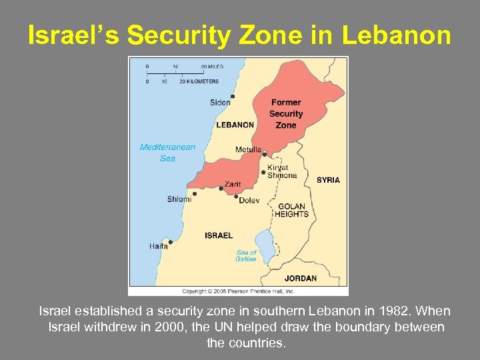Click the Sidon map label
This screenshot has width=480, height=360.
tap(220, 102)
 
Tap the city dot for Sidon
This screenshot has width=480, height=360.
tap(233, 96)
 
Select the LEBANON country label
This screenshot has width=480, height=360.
tap(235, 125)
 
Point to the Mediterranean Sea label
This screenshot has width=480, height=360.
tap(167, 153)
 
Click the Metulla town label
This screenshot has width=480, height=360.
tap(248, 149)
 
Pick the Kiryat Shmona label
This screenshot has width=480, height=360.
tap(282, 171)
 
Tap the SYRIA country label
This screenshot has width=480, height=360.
tap(328, 180)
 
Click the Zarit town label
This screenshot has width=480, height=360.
tap(233, 184)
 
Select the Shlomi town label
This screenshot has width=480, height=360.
tap(179, 199)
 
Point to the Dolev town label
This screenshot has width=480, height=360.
tap(249, 200)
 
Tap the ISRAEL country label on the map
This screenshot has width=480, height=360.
tap(219, 235)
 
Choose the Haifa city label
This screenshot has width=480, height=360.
tap(159, 246)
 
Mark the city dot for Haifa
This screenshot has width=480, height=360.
tap(171, 242)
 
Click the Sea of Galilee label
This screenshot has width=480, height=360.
tap(246, 255)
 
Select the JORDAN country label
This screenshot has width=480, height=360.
tap(301, 278)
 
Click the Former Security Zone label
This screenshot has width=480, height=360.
tap(286, 113)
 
